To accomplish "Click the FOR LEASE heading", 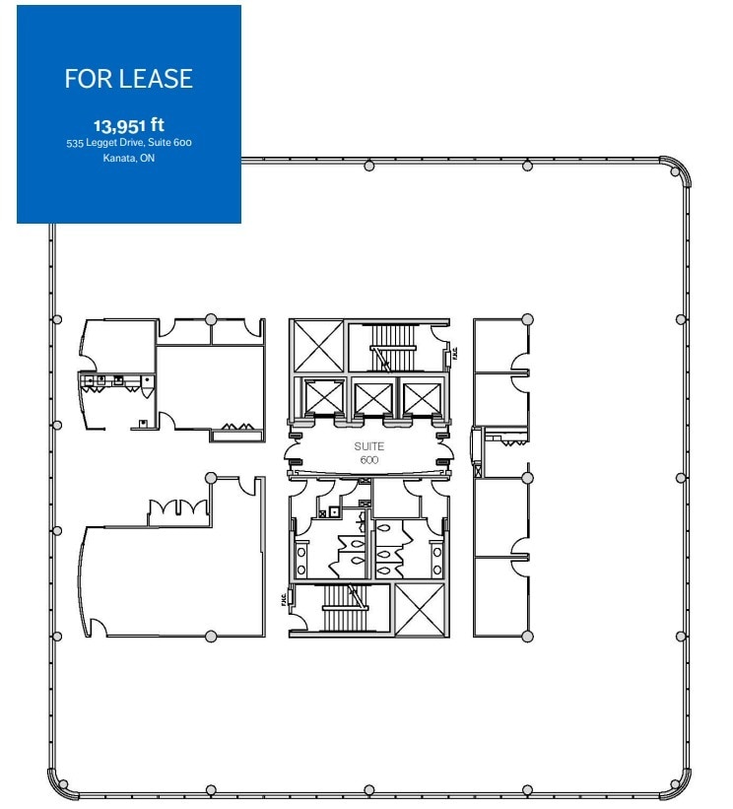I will pos(128,80).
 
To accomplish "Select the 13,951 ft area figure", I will pos(128,126).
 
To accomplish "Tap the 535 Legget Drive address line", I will pos(128,144).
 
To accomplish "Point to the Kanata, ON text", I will pos(128,158).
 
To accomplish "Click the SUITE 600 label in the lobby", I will pos(367,452).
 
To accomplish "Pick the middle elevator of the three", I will pos(371,398).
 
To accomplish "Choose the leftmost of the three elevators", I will pos(322,398).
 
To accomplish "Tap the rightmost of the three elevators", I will pos(421,398).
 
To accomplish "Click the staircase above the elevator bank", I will pos(393,346).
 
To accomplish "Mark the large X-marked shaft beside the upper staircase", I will pos(317,345).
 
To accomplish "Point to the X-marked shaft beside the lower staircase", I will pos(420,609).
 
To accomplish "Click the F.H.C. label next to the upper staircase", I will pos(454,352).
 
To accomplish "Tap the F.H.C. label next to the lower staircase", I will pos(284,598).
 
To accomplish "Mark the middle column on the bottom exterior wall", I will pos(368,789).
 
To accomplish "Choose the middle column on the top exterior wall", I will pos(368,166).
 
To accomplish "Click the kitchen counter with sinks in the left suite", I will pos(116,379).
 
